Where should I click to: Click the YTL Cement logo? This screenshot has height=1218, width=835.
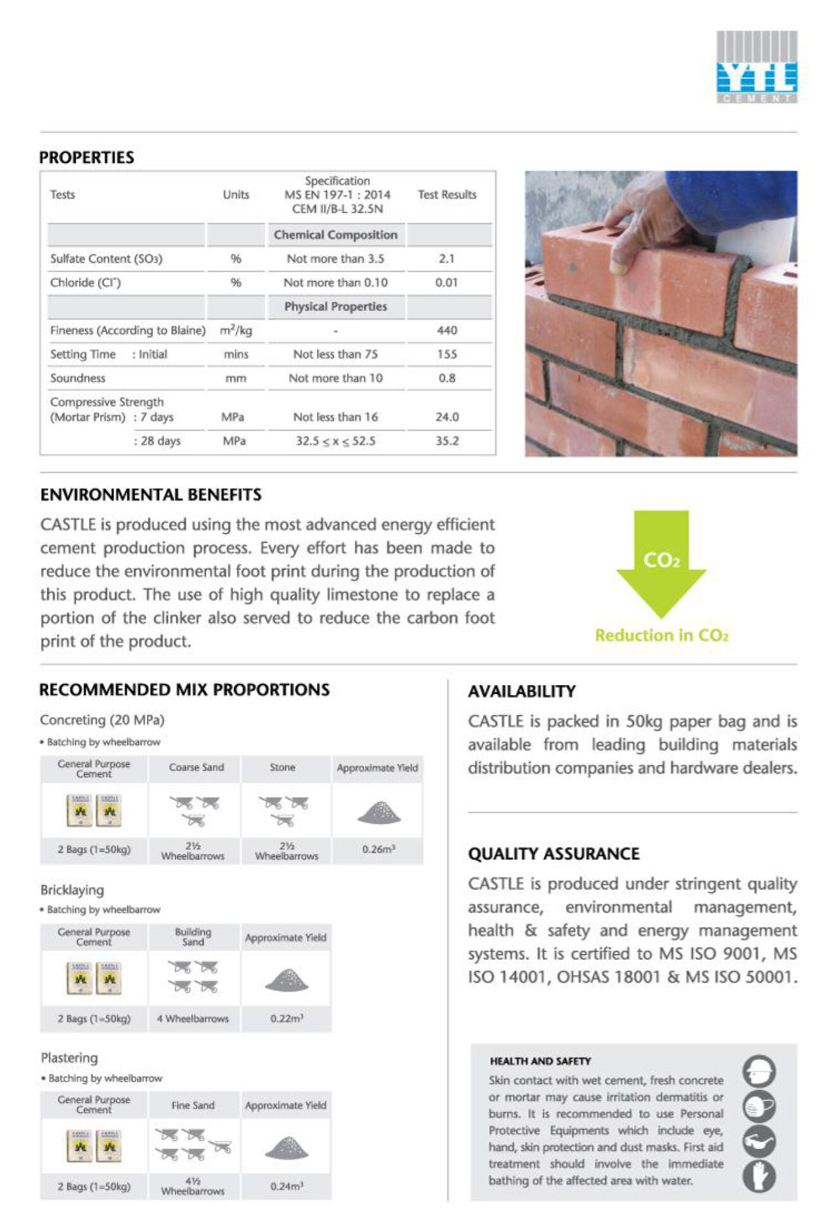756,67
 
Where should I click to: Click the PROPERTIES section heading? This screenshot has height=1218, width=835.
86,157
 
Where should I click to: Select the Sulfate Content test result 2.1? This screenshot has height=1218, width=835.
446,259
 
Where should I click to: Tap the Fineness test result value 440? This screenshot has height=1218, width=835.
446,331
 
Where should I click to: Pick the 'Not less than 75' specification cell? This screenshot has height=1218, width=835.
335,354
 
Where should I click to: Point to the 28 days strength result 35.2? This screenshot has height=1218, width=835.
446,441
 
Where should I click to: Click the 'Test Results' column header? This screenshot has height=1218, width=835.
446,195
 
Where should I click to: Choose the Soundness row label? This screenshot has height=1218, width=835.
77,378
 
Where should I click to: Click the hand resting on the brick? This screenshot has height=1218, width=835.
640,222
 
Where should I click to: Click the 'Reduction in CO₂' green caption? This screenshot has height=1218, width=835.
661,636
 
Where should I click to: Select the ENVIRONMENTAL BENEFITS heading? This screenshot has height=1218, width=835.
151,495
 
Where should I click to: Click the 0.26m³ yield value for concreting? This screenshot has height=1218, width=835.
379,849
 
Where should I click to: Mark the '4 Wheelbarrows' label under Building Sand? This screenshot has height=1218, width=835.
193,1019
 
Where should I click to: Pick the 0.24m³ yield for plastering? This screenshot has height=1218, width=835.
287,1186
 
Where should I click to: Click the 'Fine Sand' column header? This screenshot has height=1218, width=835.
193,1105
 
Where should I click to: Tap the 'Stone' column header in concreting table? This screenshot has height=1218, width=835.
282,768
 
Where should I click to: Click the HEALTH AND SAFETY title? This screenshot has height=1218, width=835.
540,1061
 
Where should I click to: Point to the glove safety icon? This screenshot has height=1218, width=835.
759,1176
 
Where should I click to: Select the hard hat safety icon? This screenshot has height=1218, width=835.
759,1071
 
